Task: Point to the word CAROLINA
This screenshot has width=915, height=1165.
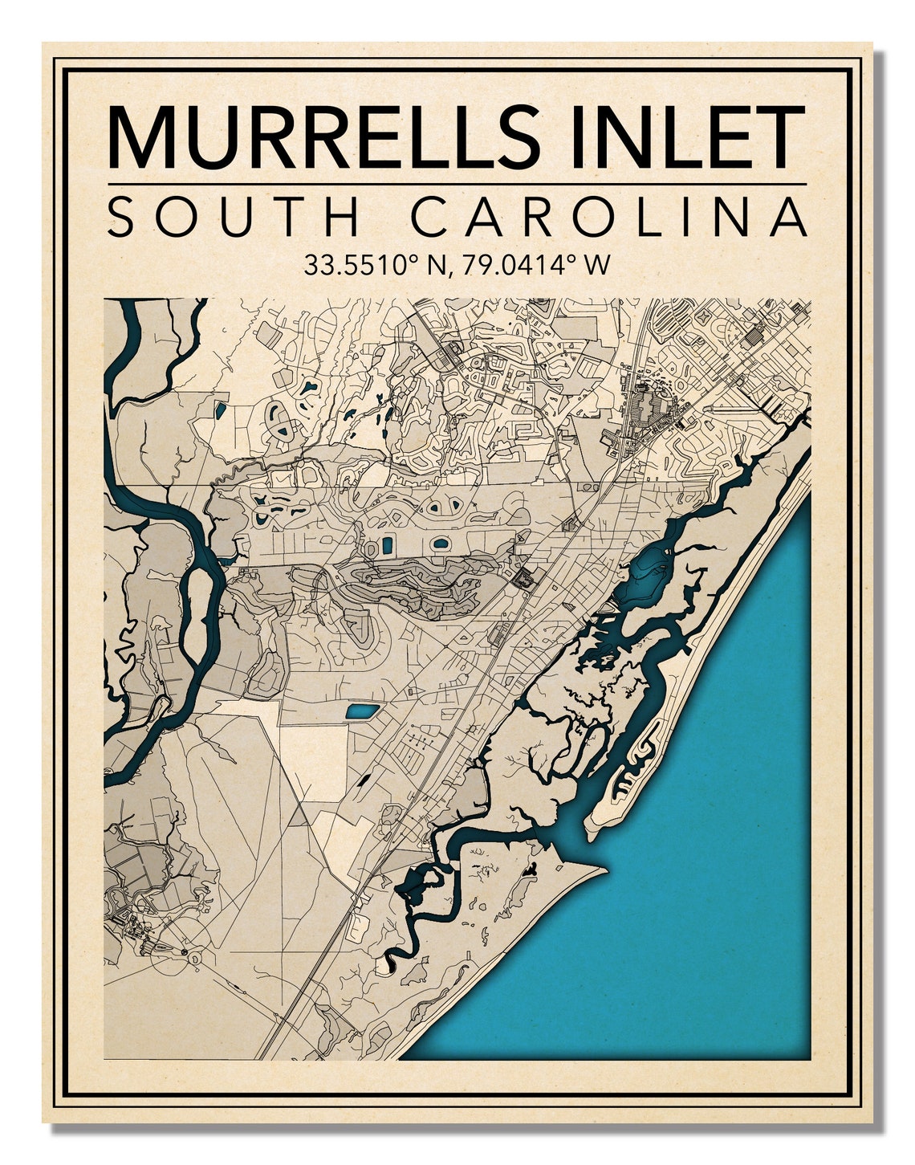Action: point(613,217)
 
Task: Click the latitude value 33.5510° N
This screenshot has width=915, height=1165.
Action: point(373,265)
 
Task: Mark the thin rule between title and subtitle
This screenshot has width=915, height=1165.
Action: point(456,185)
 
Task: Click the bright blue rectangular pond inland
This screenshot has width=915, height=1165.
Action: point(361,711)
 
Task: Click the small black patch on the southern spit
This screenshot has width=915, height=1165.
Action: point(530,869)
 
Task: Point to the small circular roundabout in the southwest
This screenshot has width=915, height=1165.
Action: point(188,952)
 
